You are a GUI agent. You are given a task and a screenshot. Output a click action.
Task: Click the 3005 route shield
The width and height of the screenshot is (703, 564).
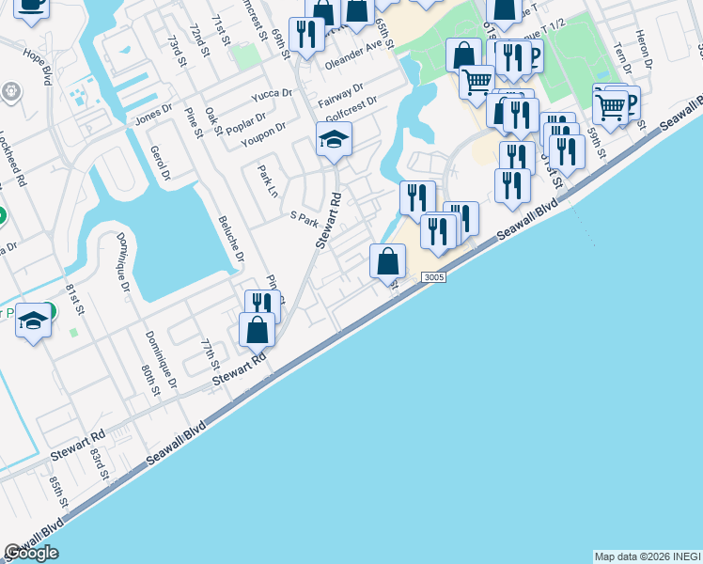(x=433, y=277)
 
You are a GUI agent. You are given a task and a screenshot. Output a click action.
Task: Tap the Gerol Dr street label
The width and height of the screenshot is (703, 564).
(x=159, y=163)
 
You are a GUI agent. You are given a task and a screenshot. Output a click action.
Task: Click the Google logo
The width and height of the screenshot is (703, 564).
(x=31, y=553)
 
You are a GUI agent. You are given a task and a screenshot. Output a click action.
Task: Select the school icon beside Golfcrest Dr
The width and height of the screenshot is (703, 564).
(x=334, y=139)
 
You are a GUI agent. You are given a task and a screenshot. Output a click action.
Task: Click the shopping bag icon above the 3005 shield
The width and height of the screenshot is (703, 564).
(x=387, y=260)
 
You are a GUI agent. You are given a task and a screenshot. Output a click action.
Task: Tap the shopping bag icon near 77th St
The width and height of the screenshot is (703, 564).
(x=257, y=330)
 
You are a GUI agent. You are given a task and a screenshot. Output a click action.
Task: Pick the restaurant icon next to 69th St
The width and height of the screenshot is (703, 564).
(x=306, y=35)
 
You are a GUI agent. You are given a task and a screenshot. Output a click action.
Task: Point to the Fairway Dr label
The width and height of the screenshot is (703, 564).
(x=340, y=93)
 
